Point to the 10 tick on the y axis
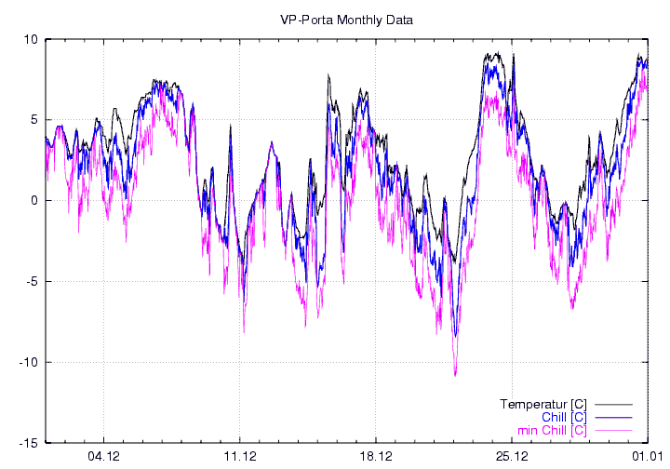point(30,39)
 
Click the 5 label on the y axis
point(33,120)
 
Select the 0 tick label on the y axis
point(33,201)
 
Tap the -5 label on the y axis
point(31,282)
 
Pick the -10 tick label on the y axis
point(28,363)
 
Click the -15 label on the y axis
point(28,443)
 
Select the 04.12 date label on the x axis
point(103,456)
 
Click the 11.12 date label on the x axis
point(240,456)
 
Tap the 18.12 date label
point(376,456)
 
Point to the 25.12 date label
point(512,456)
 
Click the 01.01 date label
point(649,456)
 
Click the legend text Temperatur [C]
point(543,405)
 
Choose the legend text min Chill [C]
point(551,430)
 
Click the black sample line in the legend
point(613,405)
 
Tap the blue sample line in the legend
point(613,418)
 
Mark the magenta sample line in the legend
point(613,430)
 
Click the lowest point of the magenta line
point(455,375)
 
